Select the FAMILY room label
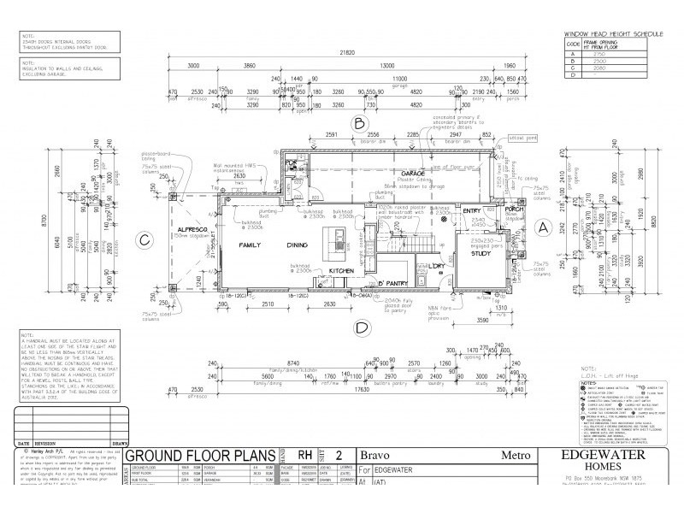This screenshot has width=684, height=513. coord(248,245)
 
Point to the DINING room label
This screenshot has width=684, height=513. coord(298,245)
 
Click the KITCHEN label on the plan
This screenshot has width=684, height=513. coord(342,269)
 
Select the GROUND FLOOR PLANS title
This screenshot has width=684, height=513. coord(193,456)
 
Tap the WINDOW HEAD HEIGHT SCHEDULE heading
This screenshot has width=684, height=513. coord(615,32)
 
